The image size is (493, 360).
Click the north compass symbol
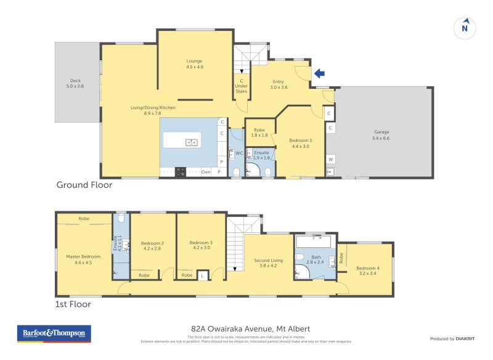pyautogui.click(x=465, y=27)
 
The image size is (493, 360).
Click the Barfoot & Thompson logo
pyautogui.click(x=54, y=333)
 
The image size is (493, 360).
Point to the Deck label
pyautogui.click(x=75, y=83)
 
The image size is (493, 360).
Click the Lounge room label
pyautogui.click(x=195, y=63)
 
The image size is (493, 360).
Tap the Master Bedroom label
pyautogui.click(x=83, y=259)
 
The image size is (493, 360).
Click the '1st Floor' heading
pyautogui.click(x=73, y=304)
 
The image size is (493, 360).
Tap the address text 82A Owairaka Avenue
pyautogui.click(x=250, y=329)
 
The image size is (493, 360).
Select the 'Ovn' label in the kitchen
pyautogui.click(x=206, y=172)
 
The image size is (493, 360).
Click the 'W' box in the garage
pyautogui.click(x=331, y=159)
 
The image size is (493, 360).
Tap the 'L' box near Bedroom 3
pyautogui.click(x=202, y=275)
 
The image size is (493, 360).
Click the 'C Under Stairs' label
pyautogui.click(x=241, y=86)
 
